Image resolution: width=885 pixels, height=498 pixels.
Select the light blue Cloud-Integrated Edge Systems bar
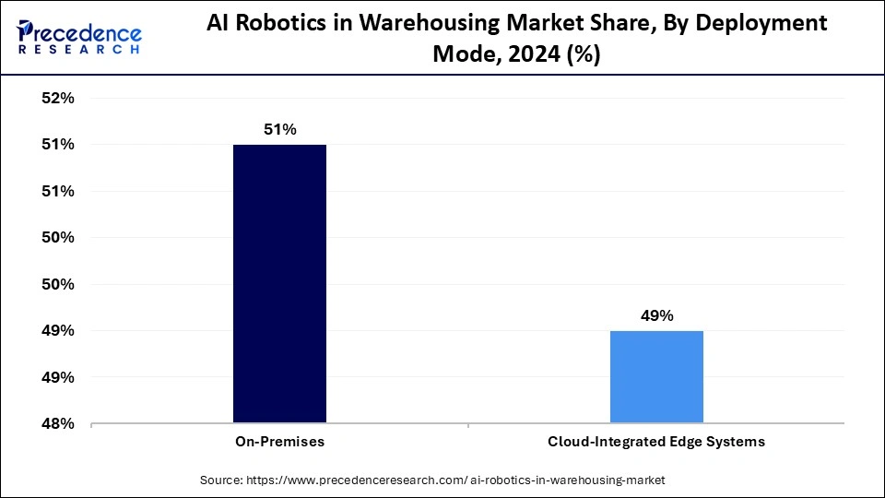[x=656, y=377]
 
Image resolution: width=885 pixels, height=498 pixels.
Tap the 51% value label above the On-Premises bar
[x=279, y=130]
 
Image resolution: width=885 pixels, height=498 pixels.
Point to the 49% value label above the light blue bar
[x=656, y=316]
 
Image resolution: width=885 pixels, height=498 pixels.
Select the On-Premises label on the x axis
[x=279, y=442]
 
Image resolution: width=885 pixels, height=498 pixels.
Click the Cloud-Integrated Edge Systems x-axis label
[x=656, y=442]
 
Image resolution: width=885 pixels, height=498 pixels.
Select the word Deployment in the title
[x=756, y=24]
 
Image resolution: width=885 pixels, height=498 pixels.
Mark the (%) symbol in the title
[x=583, y=54]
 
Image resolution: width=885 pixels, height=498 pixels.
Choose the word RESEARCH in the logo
[x=79, y=51]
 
